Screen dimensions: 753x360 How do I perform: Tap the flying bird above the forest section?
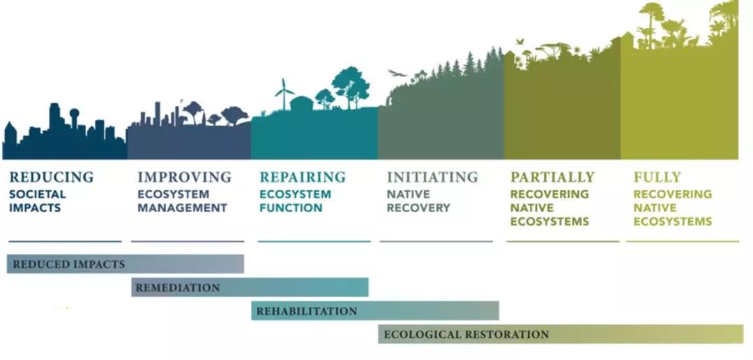(397, 73)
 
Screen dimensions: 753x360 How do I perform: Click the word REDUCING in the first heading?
(52, 177)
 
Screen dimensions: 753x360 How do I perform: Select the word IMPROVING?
(184, 177)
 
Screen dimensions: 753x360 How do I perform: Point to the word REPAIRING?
(303, 177)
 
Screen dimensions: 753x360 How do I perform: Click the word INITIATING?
(432, 177)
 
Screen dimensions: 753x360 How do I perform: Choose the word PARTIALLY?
(552, 177)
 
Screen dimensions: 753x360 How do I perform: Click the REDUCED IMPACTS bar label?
(68, 264)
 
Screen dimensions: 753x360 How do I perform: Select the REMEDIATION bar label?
(178, 288)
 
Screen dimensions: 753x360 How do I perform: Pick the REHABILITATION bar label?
(306, 311)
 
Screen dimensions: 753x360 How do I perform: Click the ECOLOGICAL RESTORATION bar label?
(466, 334)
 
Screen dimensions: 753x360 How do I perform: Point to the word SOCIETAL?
(38, 195)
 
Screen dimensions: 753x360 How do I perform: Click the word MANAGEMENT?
(182, 209)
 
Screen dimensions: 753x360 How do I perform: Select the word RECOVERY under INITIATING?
(418, 209)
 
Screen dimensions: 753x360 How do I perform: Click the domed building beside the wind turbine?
(302, 103)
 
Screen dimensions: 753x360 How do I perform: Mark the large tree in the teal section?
(351, 87)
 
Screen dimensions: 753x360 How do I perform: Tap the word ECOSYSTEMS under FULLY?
(672, 222)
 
